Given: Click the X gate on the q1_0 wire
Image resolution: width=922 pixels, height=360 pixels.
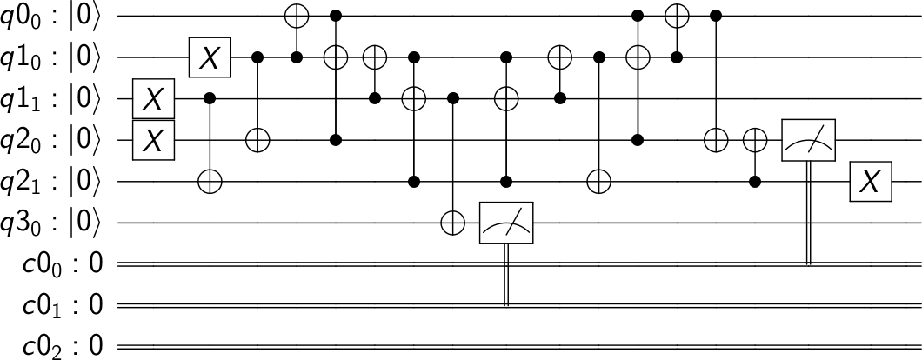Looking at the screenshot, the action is [210, 57].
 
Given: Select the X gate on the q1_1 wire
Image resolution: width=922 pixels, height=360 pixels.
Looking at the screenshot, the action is [153, 99].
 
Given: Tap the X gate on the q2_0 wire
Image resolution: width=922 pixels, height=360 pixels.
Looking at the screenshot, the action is [153, 140].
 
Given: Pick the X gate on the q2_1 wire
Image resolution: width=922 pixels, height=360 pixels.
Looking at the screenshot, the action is [870, 182].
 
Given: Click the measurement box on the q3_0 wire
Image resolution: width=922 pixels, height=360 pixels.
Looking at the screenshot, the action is [506, 223].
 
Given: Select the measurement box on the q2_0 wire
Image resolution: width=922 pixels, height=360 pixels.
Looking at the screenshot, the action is [809, 140].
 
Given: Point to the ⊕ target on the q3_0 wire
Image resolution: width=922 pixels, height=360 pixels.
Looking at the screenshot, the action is [452, 223].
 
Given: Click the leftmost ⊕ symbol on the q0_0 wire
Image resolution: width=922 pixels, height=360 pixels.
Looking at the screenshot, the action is [296, 16].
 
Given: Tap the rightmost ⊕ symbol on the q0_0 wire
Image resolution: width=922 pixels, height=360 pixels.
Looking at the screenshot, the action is [676, 16].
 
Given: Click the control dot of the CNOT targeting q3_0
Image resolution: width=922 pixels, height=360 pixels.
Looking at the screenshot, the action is [452, 99].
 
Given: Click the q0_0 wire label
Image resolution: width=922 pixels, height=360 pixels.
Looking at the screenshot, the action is [52, 16].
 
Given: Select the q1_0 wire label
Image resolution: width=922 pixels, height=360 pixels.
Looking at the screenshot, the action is [52, 57].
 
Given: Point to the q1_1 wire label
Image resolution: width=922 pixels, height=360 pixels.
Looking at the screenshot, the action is [52, 99].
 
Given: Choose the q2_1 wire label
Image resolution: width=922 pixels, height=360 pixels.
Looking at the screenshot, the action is [52, 182].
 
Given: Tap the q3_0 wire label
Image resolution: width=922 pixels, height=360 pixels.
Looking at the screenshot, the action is [52, 223].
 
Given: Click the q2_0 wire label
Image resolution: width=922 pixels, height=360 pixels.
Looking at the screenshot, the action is [52, 140].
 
